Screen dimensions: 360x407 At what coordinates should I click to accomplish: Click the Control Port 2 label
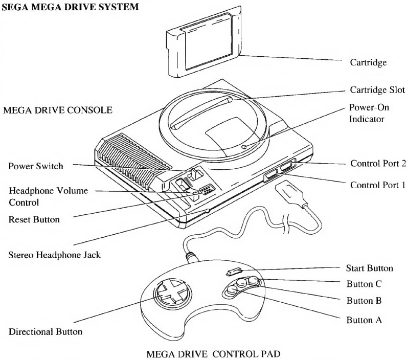tap(377, 164)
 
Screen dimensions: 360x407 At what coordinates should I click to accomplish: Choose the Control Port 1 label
tap(377, 184)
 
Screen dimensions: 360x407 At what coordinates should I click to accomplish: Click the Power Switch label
tap(34, 166)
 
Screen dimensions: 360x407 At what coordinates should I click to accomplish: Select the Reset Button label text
tap(34, 219)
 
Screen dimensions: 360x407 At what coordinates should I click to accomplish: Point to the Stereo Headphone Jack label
tap(54, 254)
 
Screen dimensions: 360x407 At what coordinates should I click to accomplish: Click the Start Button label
tap(370, 268)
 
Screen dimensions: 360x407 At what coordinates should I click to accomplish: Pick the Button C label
tap(365, 284)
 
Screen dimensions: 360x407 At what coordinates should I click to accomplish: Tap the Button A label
tap(365, 320)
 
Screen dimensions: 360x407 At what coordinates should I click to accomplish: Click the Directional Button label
tap(46, 332)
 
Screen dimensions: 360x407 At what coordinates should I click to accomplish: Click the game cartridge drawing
tap(202, 43)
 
